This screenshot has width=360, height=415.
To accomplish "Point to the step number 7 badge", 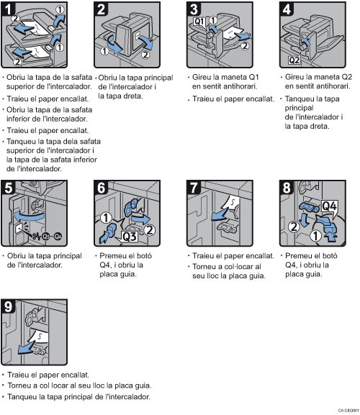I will (x=194, y=189).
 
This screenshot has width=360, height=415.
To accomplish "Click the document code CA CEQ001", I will (x=346, y=410).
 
